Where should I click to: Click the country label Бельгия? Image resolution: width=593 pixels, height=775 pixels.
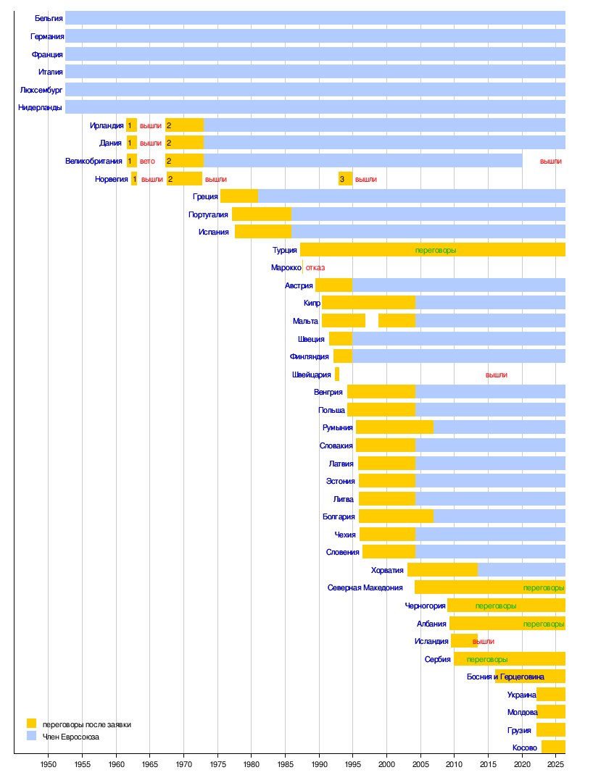tap(49, 18)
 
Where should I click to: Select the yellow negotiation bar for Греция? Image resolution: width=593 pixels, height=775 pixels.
tap(239, 196)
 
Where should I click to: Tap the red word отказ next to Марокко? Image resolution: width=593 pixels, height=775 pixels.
tap(315, 267)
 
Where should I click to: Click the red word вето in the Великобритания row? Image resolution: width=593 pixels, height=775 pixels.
tap(147, 161)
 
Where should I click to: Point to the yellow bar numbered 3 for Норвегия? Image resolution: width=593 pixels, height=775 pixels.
tap(345, 179)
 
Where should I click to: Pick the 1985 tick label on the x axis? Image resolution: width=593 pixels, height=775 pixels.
tap(285, 764)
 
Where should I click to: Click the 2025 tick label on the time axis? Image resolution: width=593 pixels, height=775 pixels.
tap(555, 764)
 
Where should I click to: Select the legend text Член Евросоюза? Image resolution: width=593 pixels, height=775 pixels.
tap(71, 737)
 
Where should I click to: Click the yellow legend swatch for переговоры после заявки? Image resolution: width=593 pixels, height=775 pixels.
tap(31, 723)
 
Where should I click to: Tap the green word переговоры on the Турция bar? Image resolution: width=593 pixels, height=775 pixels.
tap(436, 250)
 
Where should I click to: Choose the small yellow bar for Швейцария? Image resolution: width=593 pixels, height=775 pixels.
tap(337, 374)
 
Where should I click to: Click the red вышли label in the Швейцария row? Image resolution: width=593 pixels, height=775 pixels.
tap(497, 375)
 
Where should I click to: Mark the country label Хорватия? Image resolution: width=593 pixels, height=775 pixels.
tap(387, 570)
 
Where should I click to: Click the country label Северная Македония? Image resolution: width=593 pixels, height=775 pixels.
tap(365, 588)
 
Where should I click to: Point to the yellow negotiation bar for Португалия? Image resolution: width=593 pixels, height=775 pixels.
tap(261, 214)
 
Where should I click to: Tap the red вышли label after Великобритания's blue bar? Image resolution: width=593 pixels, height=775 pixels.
tap(551, 161)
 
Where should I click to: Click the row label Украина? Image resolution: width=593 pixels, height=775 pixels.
tap(522, 695)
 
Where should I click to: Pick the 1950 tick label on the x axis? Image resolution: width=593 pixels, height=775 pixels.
tap(48, 764)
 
